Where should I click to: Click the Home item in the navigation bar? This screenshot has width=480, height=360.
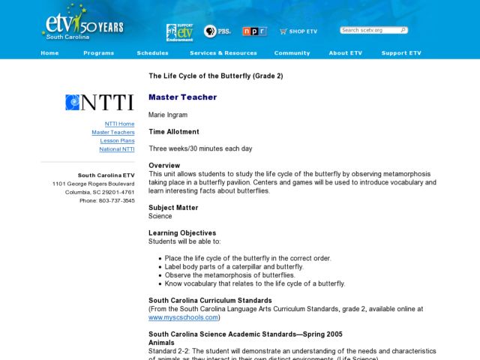click(49, 53)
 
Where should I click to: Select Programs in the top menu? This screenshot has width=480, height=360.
click(99, 53)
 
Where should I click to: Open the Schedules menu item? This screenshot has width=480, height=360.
click(152, 53)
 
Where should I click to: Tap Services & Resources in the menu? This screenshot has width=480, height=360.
click(223, 53)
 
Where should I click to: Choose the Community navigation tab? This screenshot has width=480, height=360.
click(292, 53)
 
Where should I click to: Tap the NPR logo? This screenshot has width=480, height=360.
click(254, 31)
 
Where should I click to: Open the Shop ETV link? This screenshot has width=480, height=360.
click(298, 31)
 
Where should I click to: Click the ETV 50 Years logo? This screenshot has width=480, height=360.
click(83, 25)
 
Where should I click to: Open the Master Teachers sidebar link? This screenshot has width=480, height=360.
click(113, 132)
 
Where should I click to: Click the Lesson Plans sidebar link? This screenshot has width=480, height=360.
click(118, 141)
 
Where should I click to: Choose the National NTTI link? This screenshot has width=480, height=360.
click(117, 149)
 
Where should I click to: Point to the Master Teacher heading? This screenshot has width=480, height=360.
click(182, 97)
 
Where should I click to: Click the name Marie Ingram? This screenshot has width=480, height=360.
click(167, 115)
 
